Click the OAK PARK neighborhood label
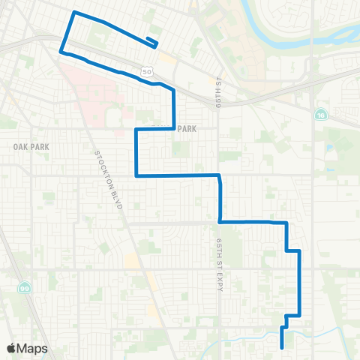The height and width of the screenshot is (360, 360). coord(31,147)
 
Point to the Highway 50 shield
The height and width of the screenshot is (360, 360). coord(147,71)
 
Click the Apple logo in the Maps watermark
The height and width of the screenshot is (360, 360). coord(11,348)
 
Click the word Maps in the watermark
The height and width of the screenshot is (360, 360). coord(32,348)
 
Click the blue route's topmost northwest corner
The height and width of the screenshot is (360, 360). coord(73,13)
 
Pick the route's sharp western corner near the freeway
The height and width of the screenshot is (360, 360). coord(61,52)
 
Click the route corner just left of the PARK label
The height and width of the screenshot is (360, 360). coord(174,129)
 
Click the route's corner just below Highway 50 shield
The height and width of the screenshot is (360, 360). coord(155,84)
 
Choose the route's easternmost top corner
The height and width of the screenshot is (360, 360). coord(300,250)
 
